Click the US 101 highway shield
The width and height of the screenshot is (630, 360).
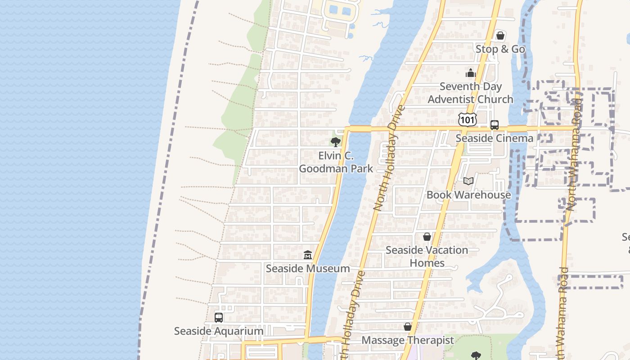[468, 119]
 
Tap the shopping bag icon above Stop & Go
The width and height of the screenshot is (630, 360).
[500, 36]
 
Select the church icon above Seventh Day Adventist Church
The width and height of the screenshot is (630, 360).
[471, 73]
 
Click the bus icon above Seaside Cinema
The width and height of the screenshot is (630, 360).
[495, 125]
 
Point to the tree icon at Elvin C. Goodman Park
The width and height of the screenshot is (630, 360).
[335, 143]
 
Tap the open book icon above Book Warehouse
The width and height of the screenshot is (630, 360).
[468, 181]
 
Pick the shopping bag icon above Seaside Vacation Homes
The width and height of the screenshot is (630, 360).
[427, 237]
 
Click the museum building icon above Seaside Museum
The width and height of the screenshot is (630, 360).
[308, 255]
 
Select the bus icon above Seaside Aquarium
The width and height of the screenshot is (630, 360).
[219, 318]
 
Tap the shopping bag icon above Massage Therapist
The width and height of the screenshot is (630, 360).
[408, 327]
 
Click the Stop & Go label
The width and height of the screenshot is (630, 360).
[500, 49]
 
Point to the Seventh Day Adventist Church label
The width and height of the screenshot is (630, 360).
[470, 93]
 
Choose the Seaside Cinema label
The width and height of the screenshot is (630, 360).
[494, 138]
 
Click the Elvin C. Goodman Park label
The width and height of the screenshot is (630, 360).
[336, 162]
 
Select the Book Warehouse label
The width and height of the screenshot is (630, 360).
[468, 195]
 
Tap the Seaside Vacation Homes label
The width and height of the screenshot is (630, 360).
[427, 256]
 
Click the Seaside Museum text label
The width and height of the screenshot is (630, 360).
[308, 269]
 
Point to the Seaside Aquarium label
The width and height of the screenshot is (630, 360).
[219, 331]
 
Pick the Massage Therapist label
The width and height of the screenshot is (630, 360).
[408, 340]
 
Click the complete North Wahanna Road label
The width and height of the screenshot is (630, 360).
[574, 151]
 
